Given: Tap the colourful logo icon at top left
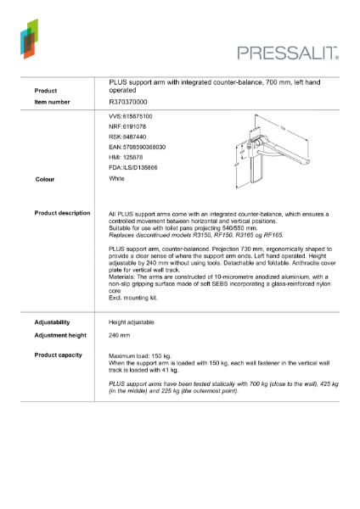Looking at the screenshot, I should click(29, 40).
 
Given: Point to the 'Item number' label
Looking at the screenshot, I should click(53, 101).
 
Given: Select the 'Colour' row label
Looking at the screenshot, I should click(45, 180).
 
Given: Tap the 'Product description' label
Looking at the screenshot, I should click(62, 213).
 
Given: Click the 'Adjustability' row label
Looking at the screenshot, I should click(52, 322).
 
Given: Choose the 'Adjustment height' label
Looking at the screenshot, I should click(59, 335).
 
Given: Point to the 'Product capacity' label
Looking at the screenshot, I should click(59, 355).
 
